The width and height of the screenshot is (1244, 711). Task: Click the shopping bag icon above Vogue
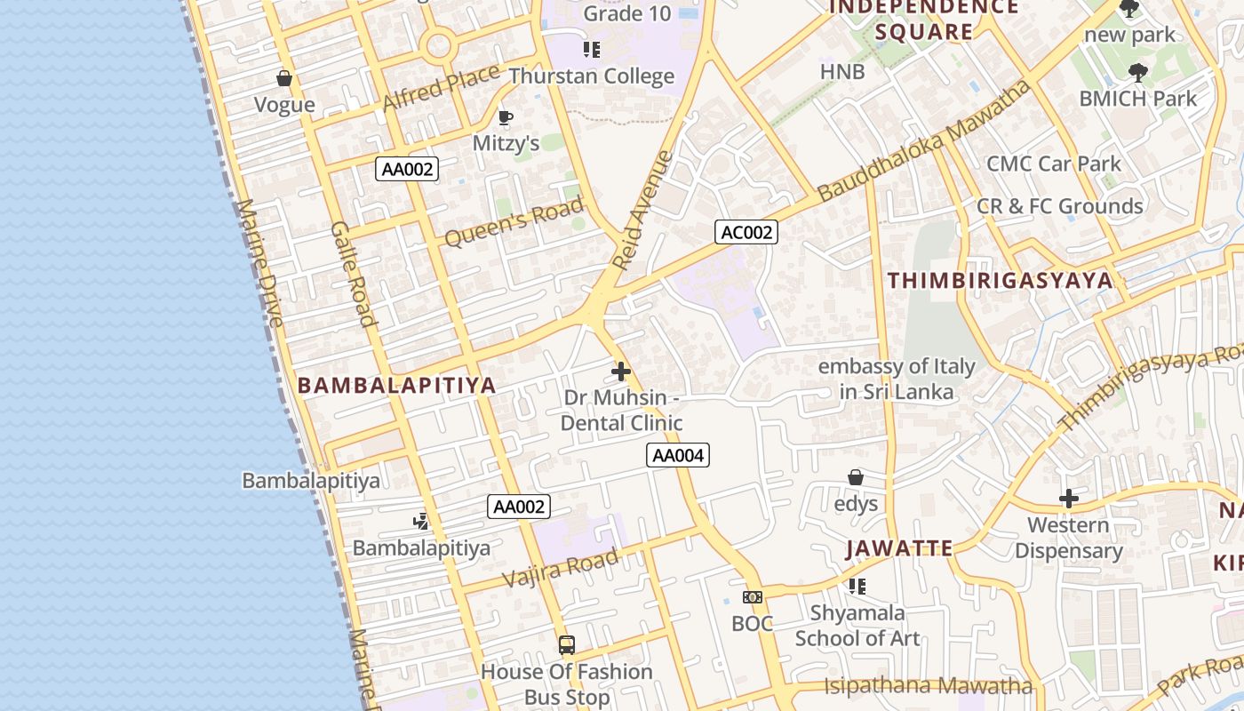pos(284,78)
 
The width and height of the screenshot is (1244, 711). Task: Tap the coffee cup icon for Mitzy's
pos(505,117)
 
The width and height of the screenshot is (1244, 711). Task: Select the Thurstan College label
pos(592,76)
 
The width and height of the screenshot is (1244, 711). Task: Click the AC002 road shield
pos(746,233)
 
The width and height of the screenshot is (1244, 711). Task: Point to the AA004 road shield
pos(678,456)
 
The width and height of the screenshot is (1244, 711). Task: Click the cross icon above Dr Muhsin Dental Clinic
pos(621,371)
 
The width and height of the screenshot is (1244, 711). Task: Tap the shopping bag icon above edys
pos(855,477)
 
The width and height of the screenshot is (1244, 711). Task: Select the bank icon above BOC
pos(752,597)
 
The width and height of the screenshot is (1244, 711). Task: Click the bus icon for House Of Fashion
pos(566,644)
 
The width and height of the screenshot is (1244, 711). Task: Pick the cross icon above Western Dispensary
pos(1068,499)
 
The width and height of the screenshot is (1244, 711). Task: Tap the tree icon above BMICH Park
pos(1137,73)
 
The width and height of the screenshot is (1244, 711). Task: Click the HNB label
pos(842,72)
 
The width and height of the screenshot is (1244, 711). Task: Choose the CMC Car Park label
pos(1054,164)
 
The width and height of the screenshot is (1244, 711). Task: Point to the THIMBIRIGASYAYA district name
pos(1000,281)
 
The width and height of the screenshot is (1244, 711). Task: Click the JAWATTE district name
pos(899,548)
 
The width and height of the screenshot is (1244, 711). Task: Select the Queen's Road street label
pos(514,221)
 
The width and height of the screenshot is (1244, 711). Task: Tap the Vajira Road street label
pos(560,568)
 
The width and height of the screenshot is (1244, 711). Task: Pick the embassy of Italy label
pos(897,379)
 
